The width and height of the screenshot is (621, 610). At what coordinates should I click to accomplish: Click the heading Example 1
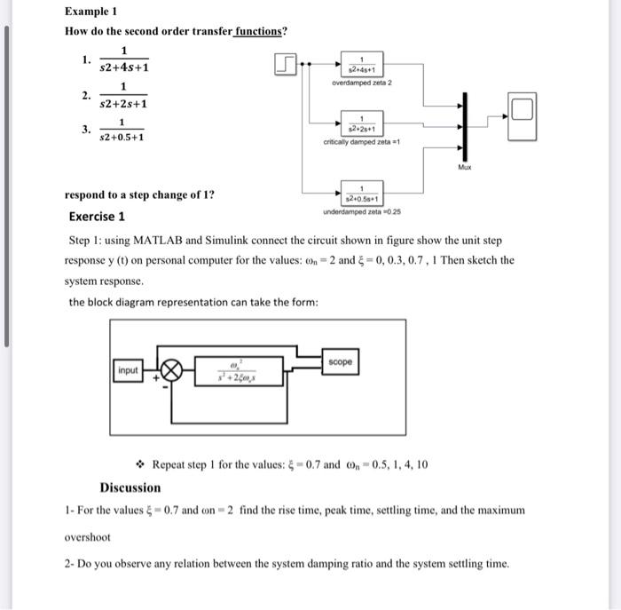coord(91,12)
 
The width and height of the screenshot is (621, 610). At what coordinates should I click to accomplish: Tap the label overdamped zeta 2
coord(361,83)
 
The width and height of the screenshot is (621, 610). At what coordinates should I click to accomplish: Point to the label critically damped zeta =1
coord(362,142)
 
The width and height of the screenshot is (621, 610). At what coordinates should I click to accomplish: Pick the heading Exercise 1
coord(97,217)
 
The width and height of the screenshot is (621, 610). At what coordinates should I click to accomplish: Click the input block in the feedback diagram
coord(129,369)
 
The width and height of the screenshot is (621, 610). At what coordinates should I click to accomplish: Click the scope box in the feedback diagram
coord(340,362)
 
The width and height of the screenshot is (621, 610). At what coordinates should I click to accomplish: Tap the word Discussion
coord(130,487)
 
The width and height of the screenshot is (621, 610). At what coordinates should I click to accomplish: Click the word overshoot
coord(88,537)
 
